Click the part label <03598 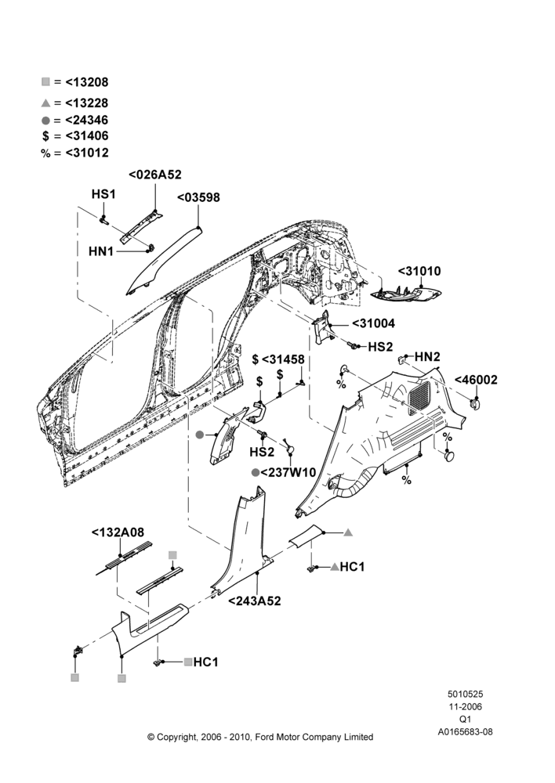(198, 197)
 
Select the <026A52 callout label (155, 175)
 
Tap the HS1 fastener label (103, 193)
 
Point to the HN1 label (101, 251)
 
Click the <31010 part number (419, 271)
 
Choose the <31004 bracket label (373, 323)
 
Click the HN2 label (427, 356)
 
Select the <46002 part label (476, 380)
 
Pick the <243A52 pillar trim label (255, 601)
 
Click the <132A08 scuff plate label (118, 532)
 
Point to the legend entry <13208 (87, 82)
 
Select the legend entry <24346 (87, 120)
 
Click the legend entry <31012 (87, 153)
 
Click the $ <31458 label (278, 359)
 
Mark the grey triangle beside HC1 (335, 567)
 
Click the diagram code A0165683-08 (465, 731)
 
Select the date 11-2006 (465, 706)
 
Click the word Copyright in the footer (176, 737)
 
